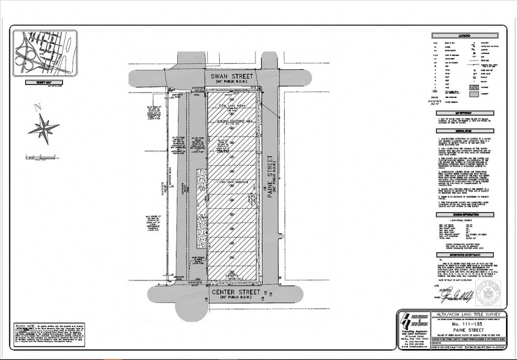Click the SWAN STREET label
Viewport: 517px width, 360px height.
(x=228, y=77)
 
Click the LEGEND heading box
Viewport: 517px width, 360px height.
(x=464, y=36)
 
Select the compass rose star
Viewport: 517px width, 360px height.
(x=43, y=127)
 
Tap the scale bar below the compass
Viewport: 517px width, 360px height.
(x=38, y=158)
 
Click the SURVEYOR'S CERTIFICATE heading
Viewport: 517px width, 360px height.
(x=464, y=254)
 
